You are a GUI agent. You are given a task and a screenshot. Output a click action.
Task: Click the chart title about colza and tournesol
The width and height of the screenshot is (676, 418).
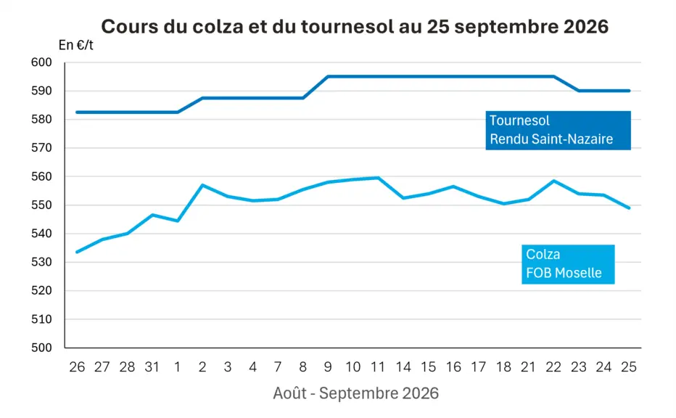[x=355, y=27]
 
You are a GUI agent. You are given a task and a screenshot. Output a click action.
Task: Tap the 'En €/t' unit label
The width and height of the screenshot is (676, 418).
[x=76, y=45]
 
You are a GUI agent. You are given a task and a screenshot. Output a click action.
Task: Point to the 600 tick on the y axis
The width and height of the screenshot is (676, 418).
[x=41, y=62]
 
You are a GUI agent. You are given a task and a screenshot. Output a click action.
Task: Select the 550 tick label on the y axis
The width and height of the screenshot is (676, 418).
[x=41, y=205]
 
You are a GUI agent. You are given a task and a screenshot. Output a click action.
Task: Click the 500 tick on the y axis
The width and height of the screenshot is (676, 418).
[x=41, y=348]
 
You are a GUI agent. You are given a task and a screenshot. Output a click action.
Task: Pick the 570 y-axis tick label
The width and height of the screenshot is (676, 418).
[x=41, y=148]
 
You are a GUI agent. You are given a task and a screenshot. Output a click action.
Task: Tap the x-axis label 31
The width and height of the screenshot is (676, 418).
[x=152, y=367]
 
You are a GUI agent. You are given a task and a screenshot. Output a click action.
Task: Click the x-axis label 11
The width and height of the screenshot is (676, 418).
[x=378, y=367]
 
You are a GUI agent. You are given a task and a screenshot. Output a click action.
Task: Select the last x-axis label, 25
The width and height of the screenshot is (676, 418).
[x=629, y=367]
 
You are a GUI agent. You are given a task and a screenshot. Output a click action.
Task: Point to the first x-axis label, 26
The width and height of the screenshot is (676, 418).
[x=77, y=367]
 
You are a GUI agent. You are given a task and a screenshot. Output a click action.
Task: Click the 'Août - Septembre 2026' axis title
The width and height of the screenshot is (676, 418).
[x=355, y=393]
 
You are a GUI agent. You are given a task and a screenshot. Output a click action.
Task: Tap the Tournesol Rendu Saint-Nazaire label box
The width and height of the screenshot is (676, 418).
[x=558, y=131]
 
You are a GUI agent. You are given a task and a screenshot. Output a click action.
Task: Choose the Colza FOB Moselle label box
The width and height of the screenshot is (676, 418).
[x=568, y=264]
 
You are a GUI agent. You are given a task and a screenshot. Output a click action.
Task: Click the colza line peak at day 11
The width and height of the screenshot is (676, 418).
[x=378, y=177]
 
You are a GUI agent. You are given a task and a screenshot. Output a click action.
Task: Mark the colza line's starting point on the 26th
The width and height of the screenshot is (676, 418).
[x=77, y=252]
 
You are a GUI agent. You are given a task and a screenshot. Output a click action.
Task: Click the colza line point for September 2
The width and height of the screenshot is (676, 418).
[x=202, y=185]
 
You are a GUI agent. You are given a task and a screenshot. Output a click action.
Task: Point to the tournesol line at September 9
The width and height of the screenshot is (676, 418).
[x=328, y=76]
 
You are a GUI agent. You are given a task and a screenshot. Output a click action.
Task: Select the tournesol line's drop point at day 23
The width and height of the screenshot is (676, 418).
[x=579, y=91]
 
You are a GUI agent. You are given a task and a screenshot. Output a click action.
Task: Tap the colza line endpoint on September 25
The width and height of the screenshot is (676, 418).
[x=629, y=208]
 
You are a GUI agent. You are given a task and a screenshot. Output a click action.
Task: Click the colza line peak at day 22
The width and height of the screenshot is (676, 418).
[x=553, y=181]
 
